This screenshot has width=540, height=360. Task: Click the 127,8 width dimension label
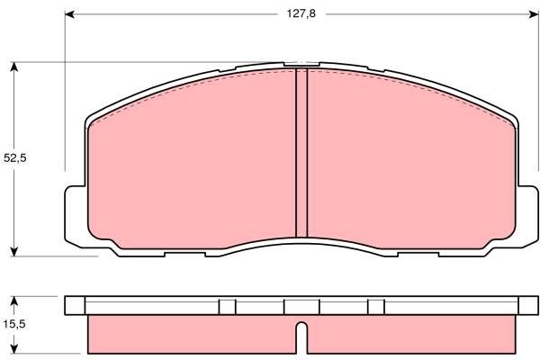point(302,14)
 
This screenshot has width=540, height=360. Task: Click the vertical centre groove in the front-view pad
point(302,153)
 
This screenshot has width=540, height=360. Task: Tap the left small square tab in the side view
point(228,307)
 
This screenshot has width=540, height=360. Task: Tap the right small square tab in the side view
point(377,307)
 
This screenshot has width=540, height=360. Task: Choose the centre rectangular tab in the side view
point(302,307)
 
